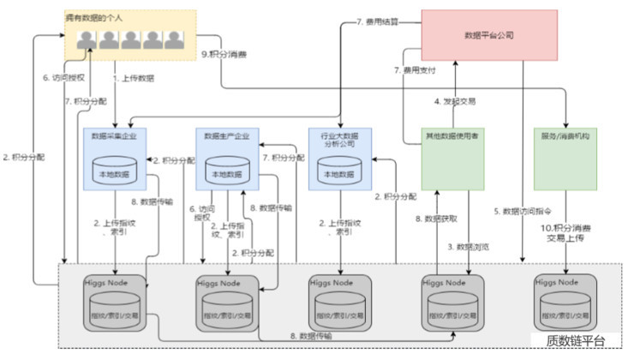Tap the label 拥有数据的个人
pos(93,17)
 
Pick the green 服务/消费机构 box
pos(565,159)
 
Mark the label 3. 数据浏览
pos(469,246)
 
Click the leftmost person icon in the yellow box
pos(86,39)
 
